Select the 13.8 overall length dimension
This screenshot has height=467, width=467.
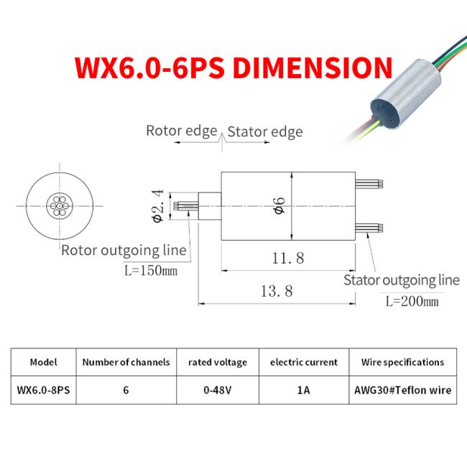(277, 291)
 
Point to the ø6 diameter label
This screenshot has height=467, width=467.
(280, 205)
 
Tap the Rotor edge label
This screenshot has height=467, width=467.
(181, 131)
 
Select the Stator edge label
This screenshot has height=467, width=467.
(265, 131)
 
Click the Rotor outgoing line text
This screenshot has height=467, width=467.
(124, 251)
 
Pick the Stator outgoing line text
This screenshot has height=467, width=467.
(400, 280)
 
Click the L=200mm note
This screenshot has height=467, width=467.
(411, 302)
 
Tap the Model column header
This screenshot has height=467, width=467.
(43, 362)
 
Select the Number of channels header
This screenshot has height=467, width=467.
(126, 362)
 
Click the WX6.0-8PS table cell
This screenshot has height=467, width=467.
(43, 390)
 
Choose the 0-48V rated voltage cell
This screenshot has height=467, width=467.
(216, 390)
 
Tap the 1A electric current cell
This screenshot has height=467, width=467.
(304, 390)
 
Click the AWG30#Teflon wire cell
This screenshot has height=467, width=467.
(402, 390)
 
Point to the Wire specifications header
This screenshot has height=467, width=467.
(402, 362)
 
